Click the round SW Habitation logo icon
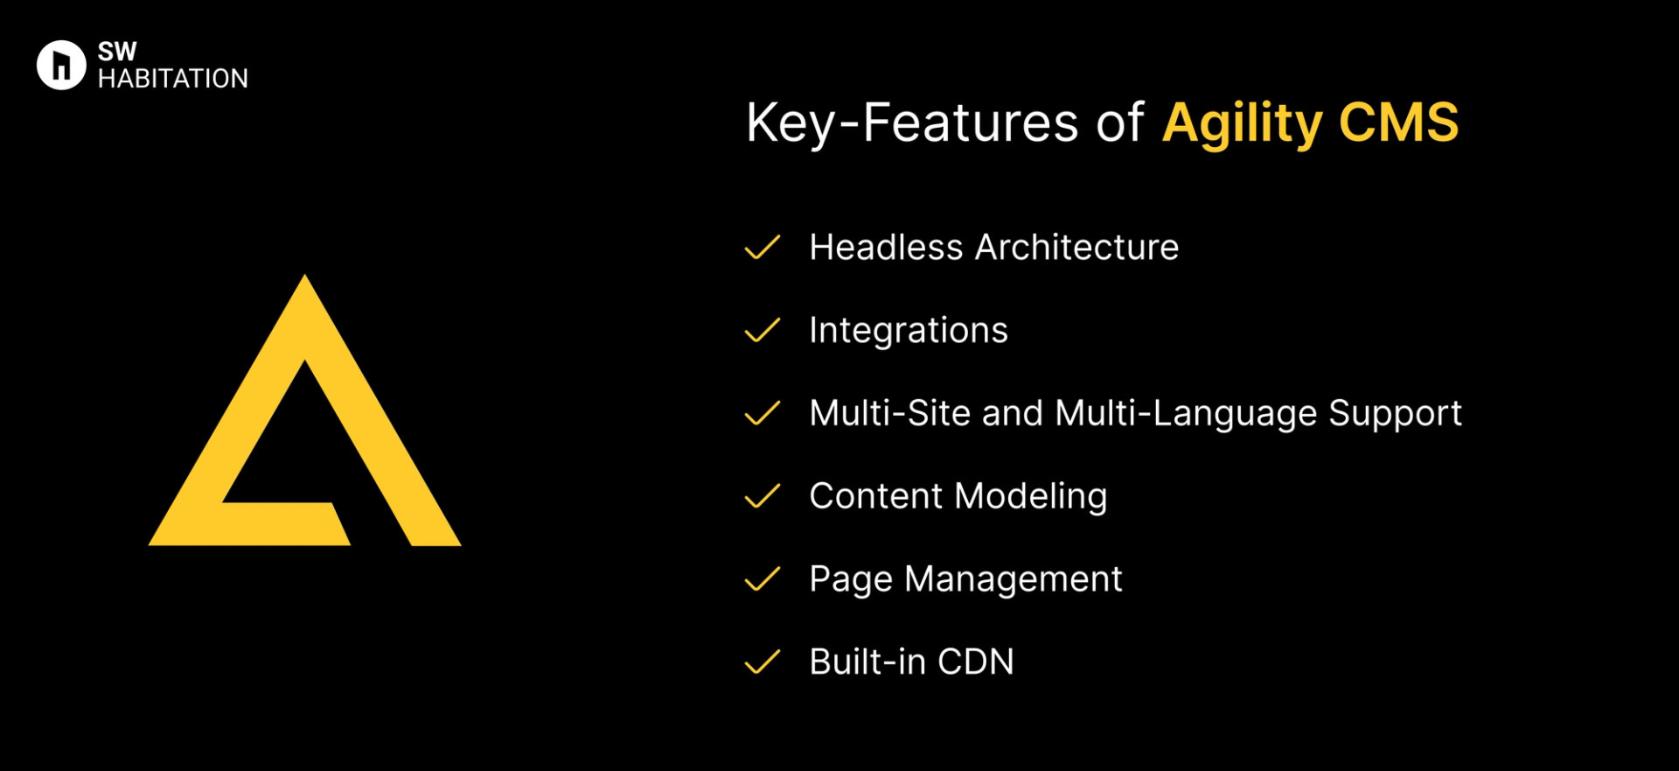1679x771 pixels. (x=61, y=65)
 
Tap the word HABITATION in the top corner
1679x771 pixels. (x=173, y=79)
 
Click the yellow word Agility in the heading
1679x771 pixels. (x=1243, y=123)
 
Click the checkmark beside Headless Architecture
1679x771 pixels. (x=762, y=248)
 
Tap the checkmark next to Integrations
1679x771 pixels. (x=762, y=331)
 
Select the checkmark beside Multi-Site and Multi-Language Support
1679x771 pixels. (x=762, y=413)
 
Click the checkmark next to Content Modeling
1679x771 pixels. (x=762, y=496)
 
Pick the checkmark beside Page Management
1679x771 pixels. (x=762, y=579)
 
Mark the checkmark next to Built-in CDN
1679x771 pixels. (x=762, y=662)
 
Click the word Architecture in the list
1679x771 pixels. (x=1076, y=248)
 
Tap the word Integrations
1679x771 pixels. (x=909, y=331)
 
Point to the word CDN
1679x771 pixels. (x=975, y=662)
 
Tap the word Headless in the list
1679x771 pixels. (x=886, y=248)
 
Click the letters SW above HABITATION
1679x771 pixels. (x=117, y=52)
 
